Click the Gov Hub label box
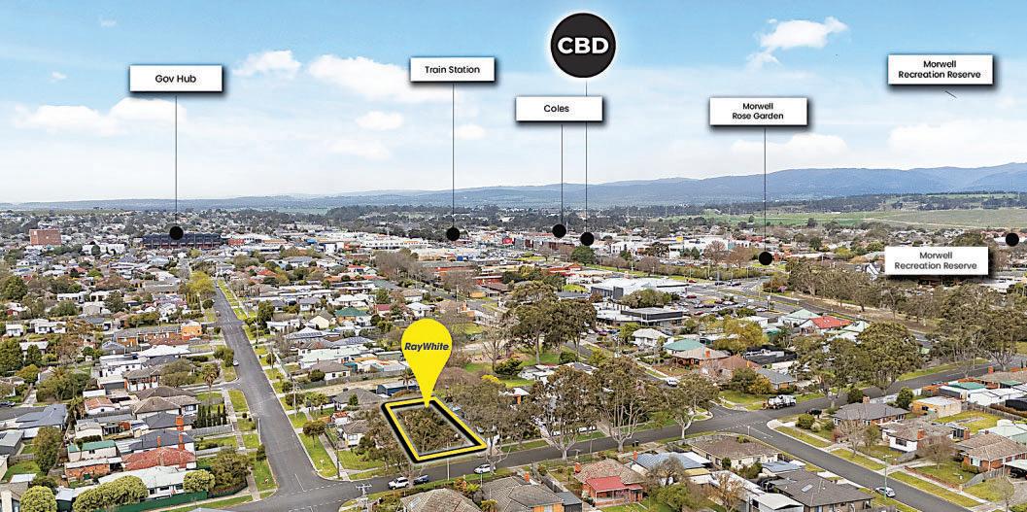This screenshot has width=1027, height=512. point(176,78)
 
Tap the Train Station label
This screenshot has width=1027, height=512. point(452,69)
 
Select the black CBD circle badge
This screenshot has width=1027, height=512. point(583,46)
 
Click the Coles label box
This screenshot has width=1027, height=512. point(559,109)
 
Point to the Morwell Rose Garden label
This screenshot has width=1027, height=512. point(758,111)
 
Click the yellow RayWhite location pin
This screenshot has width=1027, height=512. point(426,355)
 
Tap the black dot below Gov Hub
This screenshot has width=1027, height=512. point(176,232)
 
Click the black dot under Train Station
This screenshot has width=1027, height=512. point(453,233)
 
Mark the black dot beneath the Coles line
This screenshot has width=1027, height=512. point(559,231)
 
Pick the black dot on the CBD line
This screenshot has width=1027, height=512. point(587,238)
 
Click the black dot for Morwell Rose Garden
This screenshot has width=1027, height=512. point(766,257)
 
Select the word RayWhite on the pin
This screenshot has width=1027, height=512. point(426,345)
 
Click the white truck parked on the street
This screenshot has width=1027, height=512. point(781,400)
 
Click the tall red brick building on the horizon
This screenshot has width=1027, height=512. point(45,236)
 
